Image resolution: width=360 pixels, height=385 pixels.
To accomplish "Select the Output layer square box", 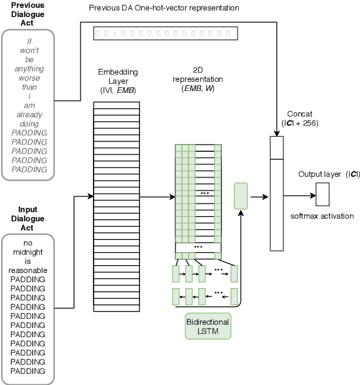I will point(322,194).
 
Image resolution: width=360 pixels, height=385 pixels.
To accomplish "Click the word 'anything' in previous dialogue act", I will point(29,67).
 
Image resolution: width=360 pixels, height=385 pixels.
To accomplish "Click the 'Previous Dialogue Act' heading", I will point(28,14).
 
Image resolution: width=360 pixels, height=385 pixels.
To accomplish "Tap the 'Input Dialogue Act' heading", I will point(28,219).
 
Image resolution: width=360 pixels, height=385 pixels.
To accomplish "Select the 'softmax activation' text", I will point(321,216).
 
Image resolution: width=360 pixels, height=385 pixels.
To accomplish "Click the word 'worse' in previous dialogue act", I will point(29,77).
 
